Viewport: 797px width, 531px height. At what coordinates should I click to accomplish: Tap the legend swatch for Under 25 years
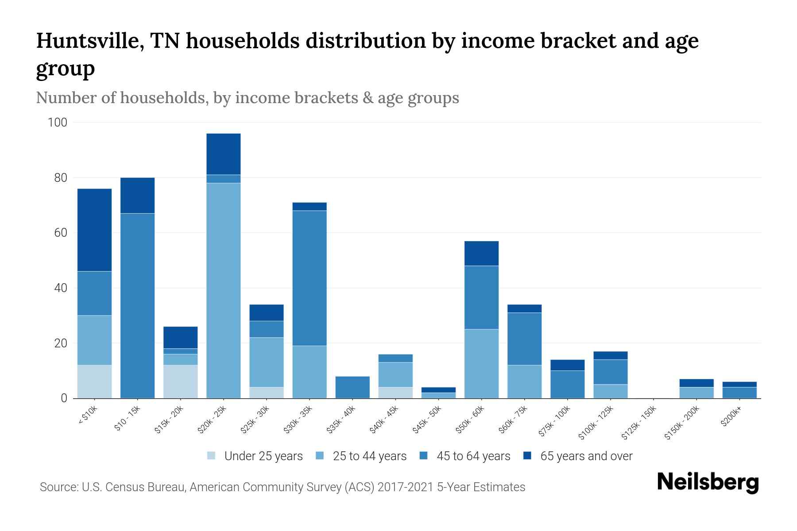click(212, 456)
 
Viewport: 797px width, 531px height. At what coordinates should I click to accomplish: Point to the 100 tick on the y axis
click(58, 123)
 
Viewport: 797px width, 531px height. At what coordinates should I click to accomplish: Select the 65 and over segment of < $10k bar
click(94, 230)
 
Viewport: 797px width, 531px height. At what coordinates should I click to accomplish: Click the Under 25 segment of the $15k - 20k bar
click(181, 381)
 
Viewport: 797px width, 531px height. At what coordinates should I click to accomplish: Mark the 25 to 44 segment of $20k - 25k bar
click(224, 290)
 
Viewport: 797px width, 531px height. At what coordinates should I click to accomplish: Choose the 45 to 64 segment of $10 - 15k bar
click(137, 305)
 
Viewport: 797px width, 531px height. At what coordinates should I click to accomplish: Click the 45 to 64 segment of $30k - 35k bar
click(310, 278)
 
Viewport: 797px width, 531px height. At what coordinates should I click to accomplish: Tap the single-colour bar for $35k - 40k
click(352, 387)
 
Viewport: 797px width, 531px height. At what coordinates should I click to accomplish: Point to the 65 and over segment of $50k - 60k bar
click(481, 253)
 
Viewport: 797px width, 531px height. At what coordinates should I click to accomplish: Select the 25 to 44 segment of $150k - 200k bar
click(696, 392)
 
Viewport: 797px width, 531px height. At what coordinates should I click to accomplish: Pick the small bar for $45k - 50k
click(438, 393)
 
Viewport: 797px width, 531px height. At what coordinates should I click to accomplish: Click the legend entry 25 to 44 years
click(369, 456)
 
